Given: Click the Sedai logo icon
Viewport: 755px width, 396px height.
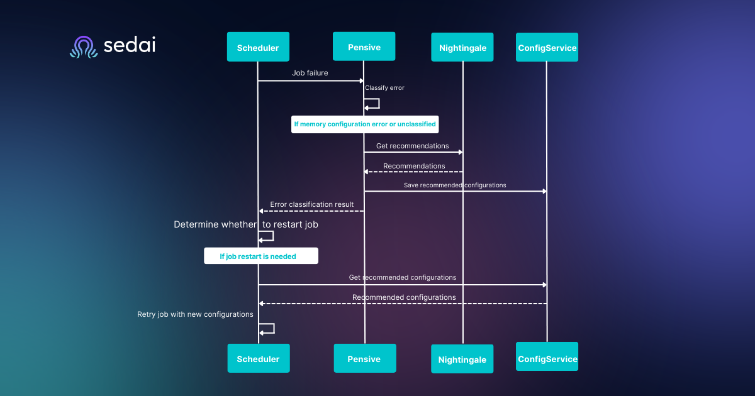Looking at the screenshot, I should point(84,47).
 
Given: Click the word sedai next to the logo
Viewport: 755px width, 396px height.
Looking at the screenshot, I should point(130,46).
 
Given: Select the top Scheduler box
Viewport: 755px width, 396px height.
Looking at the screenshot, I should point(258,48).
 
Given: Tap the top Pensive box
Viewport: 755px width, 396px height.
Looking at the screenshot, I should point(364,47).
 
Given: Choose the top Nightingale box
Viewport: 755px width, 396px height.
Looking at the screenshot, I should point(462,48).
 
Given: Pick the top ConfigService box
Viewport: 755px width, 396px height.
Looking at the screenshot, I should point(547,47).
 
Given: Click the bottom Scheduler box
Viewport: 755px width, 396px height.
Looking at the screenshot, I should point(258,359).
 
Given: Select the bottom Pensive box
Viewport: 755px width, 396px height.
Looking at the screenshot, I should point(364,359).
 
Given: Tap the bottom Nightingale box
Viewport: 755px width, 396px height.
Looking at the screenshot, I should point(462,360).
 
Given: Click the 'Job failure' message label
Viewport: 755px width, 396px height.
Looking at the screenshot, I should point(310,73).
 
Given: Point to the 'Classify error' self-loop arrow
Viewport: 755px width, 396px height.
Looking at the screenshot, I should point(372,104).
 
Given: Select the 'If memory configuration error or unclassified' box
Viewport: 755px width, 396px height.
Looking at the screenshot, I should point(365,124).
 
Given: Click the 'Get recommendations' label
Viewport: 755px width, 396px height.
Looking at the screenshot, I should point(412,146).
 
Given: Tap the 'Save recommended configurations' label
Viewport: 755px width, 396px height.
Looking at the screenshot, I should point(454,185).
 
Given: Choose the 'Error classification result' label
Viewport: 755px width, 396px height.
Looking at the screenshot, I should point(311,204).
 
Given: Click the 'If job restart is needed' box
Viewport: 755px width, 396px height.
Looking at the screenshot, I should point(260,256).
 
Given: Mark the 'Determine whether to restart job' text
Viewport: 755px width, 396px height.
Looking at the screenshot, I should point(245,224).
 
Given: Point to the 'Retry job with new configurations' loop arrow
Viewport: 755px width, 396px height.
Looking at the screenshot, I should point(267,328).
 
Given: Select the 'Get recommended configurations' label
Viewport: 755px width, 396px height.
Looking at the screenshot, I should point(403,277).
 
